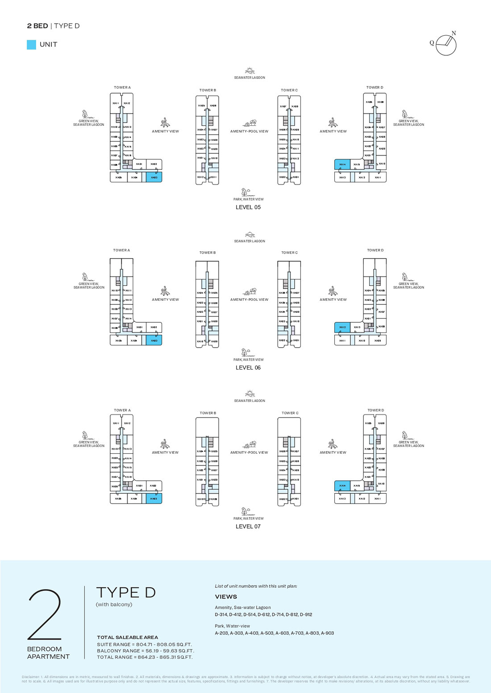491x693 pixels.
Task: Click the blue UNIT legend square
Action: [31, 45]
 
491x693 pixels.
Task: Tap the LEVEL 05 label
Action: [248, 207]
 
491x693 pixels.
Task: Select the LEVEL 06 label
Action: [248, 368]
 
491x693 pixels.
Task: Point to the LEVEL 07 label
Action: [248, 526]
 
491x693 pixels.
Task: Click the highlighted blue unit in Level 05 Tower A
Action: [154, 177]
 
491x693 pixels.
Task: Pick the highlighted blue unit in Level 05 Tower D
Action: [342, 164]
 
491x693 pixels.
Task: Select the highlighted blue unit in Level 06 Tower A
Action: [154, 340]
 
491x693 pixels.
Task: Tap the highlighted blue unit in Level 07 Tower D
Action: [342, 486]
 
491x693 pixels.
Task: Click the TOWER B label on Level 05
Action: [208, 90]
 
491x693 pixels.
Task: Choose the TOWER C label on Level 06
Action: [289, 253]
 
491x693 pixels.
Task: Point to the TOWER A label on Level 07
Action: [122, 410]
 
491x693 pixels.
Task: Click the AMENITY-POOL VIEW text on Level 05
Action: [249, 131]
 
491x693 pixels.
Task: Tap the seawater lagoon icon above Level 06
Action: [250, 235]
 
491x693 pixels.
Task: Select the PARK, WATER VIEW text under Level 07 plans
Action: [248, 518]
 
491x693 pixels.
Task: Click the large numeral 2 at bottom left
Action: [45, 615]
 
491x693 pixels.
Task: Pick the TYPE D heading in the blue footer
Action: [126, 593]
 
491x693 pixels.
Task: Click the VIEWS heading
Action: [226, 597]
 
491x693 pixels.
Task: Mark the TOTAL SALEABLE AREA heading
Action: [127, 637]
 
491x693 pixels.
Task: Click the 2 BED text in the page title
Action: [37, 26]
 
